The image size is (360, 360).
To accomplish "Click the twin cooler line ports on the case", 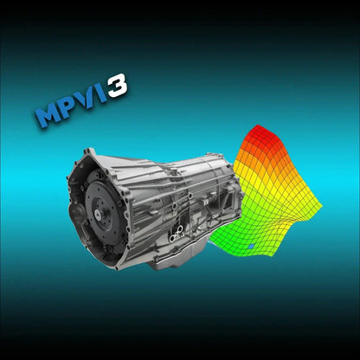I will point(177,230).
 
